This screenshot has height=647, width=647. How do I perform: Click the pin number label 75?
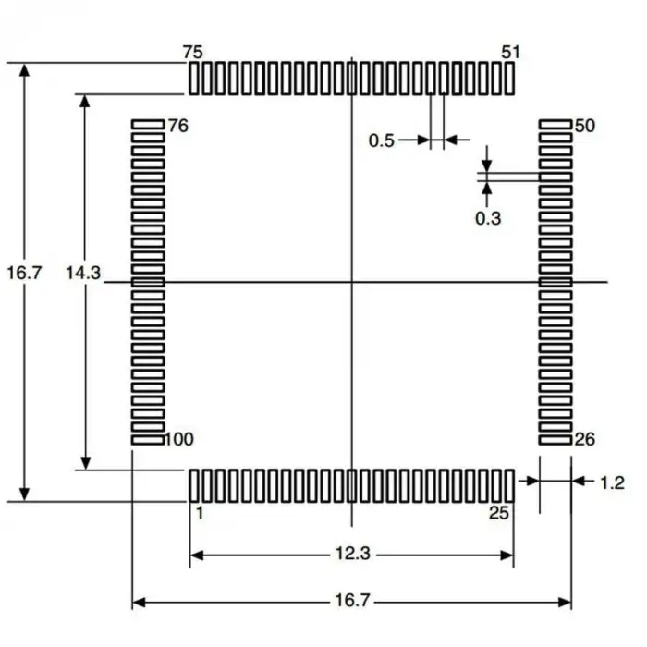pyautogui.click(x=194, y=52)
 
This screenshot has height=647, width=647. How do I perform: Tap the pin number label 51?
pyautogui.click(x=510, y=52)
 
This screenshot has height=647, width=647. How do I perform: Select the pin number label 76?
pyautogui.click(x=178, y=126)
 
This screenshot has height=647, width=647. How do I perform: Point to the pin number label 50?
pyautogui.click(x=584, y=126)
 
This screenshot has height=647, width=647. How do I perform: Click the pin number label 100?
pyautogui.click(x=178, y=439)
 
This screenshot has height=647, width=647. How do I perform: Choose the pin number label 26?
pyautogui.click(x=584, y=439)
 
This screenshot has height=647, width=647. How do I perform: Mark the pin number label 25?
pyautogui.click(x=499, y=513)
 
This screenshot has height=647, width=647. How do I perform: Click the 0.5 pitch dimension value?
pyautogui.click(x=382, y=140)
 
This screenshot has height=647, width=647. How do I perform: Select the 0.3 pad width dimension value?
pyautogui.click(x=487, y=218)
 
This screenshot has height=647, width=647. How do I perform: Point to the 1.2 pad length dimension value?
pyautogui.click(x=612, y=482)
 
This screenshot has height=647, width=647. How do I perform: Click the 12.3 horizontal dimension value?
pyautogui.click(x=352, y=555)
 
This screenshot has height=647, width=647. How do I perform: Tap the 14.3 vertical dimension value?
pyautogui.click(x=83, y=274)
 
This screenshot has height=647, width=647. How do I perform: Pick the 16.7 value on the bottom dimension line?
pyautogui.click(x=352, y=602)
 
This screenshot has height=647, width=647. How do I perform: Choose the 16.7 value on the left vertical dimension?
pyautogui.click(x=24, y=274)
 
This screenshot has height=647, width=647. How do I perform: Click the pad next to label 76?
pyautogui.click(x=148, y=124)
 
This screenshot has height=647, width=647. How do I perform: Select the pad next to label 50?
pyautogui.click(x=555, y=124)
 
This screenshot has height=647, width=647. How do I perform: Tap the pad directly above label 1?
pyautogui.click(x=194, y=484)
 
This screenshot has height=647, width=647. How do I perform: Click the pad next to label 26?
pyautogui.click(x=555, y=440)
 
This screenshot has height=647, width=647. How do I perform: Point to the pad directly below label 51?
pyautogui.click(x=509, y=79)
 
